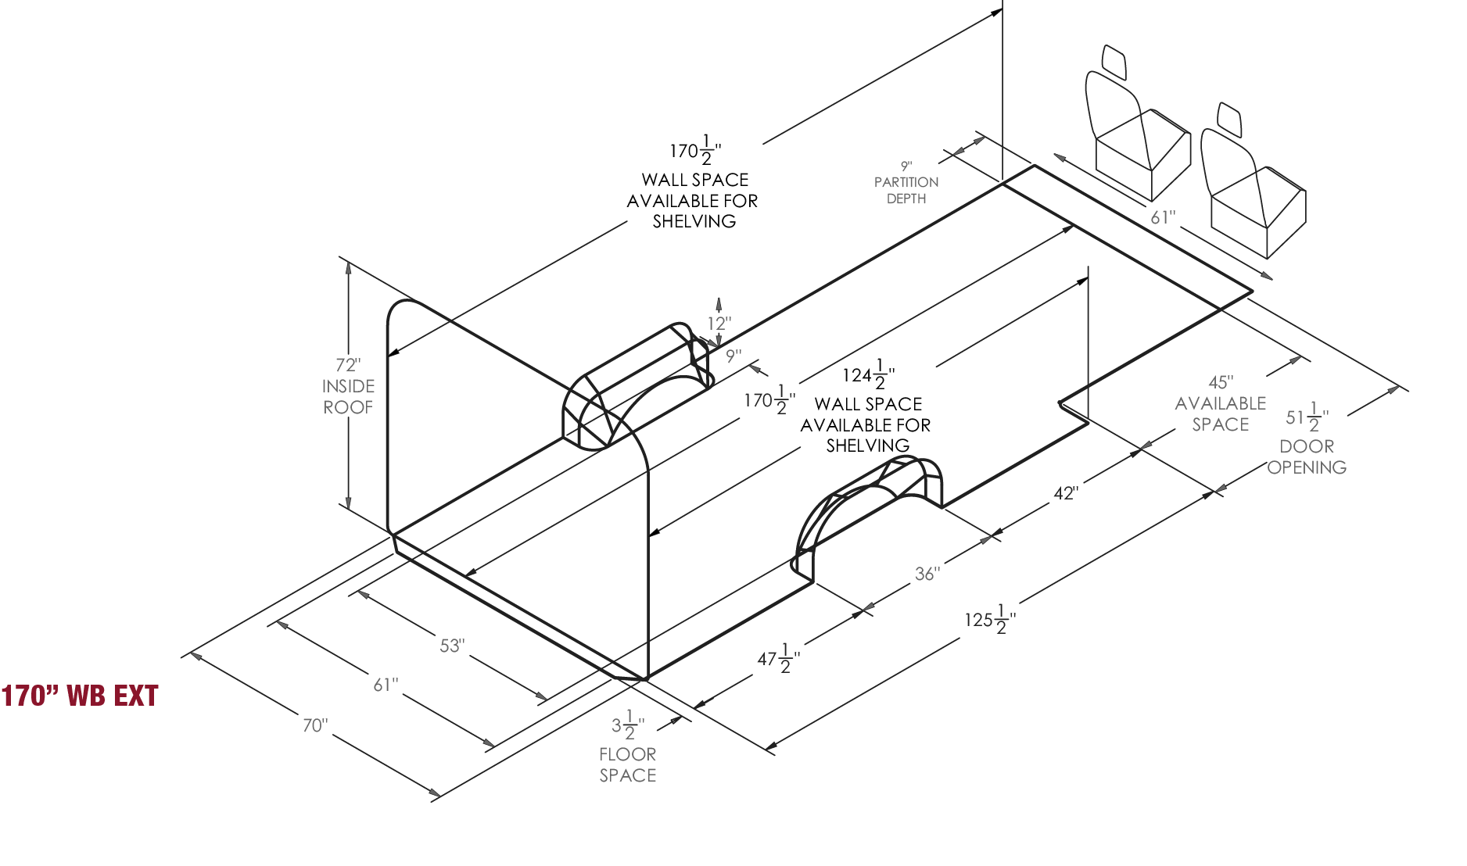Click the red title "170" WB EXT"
(80, 695)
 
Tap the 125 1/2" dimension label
(989, 619)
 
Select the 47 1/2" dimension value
(778, 660)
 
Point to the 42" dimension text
(1066, 493)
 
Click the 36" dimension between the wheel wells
(927, 573)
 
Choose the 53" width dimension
(452, 646)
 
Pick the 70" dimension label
(314, 725)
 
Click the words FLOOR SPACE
(628, 764)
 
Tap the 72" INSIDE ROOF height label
(348, 385)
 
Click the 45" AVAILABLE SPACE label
(1221, 403)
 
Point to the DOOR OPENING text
(1307, 456)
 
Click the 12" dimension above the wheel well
(717, 322)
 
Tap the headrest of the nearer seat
(1229, 116)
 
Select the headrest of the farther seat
(1114, 61)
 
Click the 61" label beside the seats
(1163, 216)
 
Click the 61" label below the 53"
(386, 685)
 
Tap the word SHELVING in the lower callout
(868, 446)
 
